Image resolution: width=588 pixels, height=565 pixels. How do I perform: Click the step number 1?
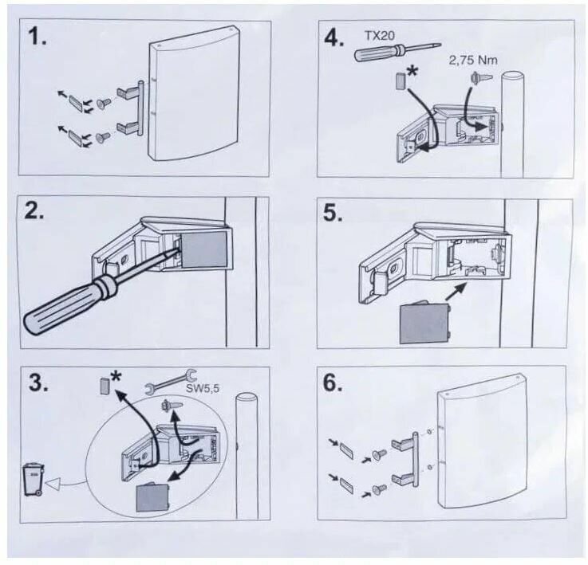[37, 38]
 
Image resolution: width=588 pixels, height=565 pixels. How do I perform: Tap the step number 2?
[37, 214]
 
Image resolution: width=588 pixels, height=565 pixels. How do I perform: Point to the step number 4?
[333, 37]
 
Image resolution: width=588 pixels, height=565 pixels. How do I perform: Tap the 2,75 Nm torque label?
[468, 60]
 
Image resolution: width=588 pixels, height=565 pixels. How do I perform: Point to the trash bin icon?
[33, 480]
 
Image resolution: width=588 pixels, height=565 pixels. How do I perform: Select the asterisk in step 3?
[115, 375]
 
